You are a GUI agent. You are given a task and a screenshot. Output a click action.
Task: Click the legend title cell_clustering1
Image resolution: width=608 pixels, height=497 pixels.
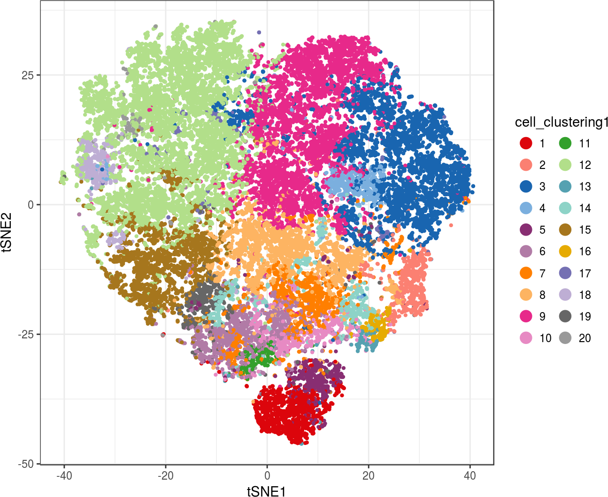point(561,122)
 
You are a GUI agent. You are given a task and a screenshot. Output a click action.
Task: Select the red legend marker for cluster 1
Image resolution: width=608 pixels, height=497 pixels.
point(526,143)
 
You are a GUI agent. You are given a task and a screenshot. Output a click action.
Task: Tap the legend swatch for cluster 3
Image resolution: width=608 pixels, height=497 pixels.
point(526,186)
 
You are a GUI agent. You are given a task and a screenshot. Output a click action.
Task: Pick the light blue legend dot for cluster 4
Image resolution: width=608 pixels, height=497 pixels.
point(526,208)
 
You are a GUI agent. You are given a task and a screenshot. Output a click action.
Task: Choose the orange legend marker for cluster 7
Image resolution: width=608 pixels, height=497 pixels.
point(526,273)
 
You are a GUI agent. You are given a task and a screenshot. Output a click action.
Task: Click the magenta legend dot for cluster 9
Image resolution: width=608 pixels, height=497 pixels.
point(526,316)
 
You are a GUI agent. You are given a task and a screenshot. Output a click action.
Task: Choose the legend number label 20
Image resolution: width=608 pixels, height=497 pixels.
point(585,338)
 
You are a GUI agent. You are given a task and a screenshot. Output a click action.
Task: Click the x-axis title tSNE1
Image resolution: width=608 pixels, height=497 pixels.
point(266,490)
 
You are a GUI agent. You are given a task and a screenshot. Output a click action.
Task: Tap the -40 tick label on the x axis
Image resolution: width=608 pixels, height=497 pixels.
point(64,476)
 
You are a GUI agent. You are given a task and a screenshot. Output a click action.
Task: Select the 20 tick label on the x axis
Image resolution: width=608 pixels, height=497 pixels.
point(369,476)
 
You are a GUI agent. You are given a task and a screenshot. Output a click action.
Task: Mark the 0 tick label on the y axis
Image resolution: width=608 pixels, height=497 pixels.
point(31,205)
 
